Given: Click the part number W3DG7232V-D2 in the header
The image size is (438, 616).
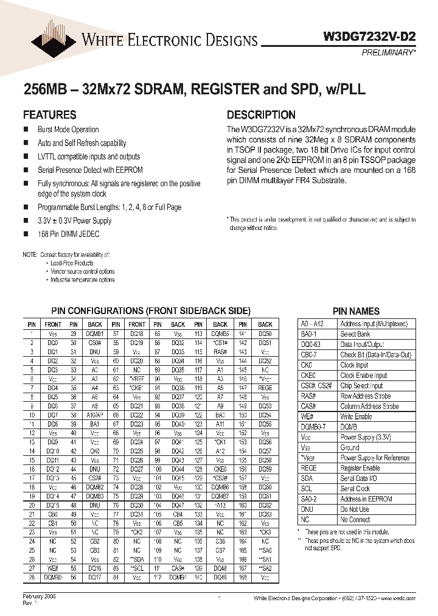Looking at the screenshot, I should [x=369, y=36].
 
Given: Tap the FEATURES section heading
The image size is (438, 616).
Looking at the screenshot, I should [x=49, y=114].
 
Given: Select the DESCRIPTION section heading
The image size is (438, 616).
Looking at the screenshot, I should [x=261, y=114].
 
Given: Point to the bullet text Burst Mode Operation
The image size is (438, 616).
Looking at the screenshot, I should [x=68, y=130].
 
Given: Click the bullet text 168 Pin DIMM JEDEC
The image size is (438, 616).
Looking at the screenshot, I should [x=68, y=234].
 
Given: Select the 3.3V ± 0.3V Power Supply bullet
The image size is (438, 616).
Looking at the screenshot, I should [x=75, y=221].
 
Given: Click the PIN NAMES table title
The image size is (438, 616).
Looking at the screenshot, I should [x=356, y=311].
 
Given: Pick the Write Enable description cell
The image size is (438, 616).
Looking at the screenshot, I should [x=356, y=416].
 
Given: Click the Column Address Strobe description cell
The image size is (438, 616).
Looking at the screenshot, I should [x=369, y=406].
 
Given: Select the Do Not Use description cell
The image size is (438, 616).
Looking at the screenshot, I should [x=355, y=509].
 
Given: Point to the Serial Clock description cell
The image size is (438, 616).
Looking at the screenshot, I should [x=355, y=489].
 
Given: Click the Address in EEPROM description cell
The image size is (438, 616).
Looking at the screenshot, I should [x=366, y=499].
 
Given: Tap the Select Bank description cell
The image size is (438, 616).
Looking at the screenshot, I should [x=355, y=334].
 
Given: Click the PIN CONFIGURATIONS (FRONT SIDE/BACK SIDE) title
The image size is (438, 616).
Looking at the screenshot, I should [x=150, y=311].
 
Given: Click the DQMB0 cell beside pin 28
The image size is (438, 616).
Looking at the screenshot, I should [x=53, y=577].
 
